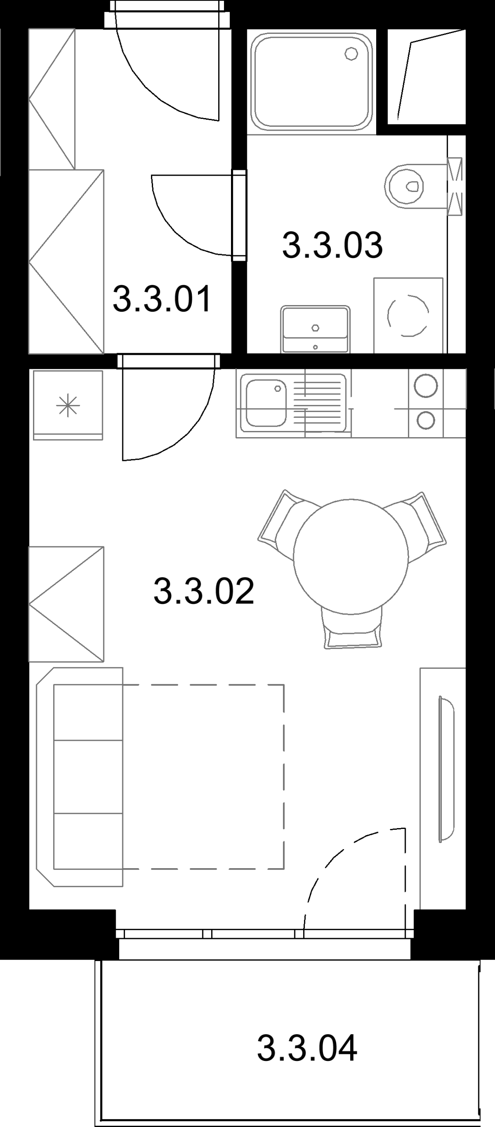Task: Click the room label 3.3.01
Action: click(x=162, y=299)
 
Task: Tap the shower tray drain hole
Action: click(x=351, y=54)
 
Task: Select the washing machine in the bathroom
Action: click(x=408, y=315)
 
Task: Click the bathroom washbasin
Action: click(x=315, y=329)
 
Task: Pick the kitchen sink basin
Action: click(x=266, y=404)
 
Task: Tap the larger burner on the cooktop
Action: click(x=425, y=385)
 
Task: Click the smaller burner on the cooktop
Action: click(x=425, y=420)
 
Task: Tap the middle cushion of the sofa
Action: click(x=88, y=777)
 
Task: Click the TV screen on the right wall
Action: click(x=446, y=769)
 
